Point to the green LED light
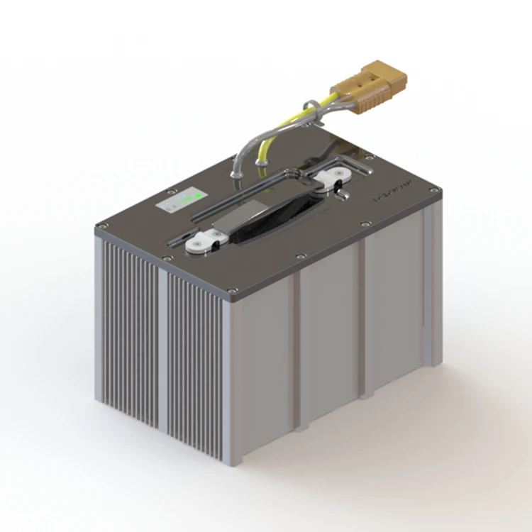[198, 195]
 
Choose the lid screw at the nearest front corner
[233, 289]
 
